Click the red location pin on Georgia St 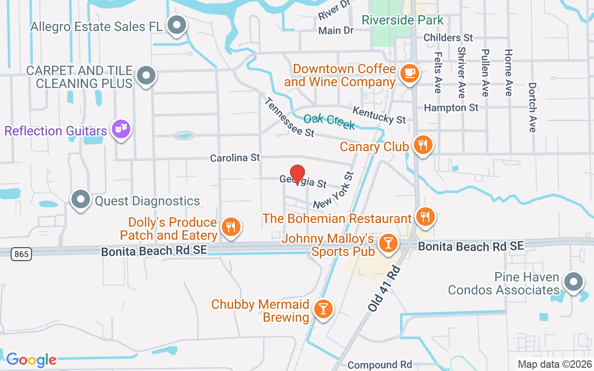[x=297, y=175]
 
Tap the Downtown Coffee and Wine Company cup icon [x=409, y=73]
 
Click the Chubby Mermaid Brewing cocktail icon [x=323, y=308]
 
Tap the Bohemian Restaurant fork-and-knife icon [x=424, y=216]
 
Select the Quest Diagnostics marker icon [x=81, y=199]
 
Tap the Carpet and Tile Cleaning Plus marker [x=146, y=75]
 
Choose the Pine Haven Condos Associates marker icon [x=573, y=281]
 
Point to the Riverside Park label [x=402, y=20]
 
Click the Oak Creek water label [x=329, y=121]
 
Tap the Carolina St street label [x=235, y=158]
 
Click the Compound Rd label [x=380, y=365]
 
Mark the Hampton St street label [x=451, y=108]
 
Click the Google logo [x=31, y=360]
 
